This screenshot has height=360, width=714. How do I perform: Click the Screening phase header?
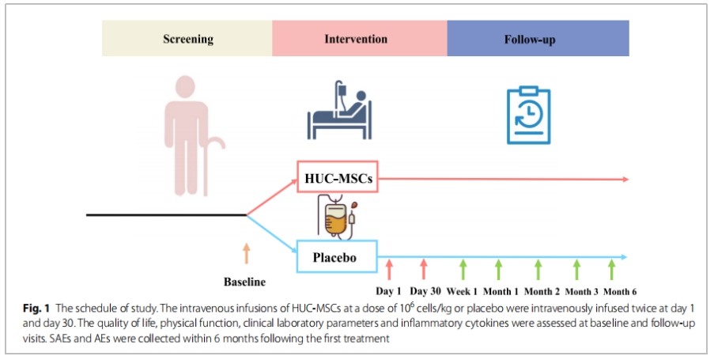coord(187,39)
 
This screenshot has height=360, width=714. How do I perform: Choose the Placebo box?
coord(338,257)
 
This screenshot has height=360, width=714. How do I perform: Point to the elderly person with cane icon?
coord(188,135)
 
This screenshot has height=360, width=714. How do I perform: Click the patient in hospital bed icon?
coord(340,111)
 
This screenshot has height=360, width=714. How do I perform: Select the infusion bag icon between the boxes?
coord(338,217)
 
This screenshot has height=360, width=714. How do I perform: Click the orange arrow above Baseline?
coord(246,253)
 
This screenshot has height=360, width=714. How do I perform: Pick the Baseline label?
coord(245,282)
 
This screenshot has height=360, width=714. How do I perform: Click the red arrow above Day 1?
coord(389,269)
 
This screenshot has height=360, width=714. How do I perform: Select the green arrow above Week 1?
coord(463,269)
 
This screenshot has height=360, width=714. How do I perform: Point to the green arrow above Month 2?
coord(538,269)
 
